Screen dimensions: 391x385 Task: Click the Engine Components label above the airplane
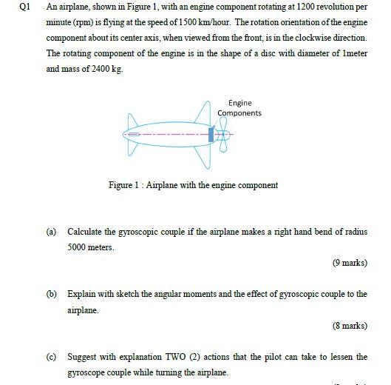[239, 108]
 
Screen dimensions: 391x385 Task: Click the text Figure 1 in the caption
[124, 185]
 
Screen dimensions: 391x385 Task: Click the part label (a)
[52, 232]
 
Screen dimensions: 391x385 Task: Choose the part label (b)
[52, 294]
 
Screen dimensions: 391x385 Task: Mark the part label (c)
[52, 356]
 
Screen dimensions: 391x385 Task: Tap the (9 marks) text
[350, 263]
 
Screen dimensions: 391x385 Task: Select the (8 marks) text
[350, 325]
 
